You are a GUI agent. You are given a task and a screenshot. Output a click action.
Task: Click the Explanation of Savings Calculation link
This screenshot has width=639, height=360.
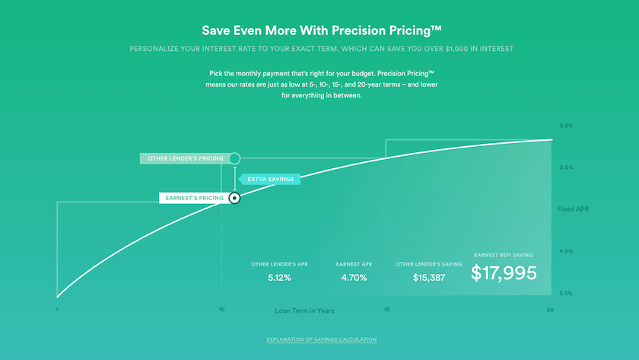pos(321,339)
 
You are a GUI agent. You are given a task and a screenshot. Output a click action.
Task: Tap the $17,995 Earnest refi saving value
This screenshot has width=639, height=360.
pos(504,273)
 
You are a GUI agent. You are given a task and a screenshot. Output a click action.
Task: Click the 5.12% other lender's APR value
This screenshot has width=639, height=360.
pos(279,278)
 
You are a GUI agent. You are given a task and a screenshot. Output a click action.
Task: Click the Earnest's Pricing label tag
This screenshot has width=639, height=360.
pos(193,198)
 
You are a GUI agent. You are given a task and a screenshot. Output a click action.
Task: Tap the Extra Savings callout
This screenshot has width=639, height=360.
pos(270,180)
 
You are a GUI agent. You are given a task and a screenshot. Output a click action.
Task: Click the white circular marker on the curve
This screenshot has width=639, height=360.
pos(234,198)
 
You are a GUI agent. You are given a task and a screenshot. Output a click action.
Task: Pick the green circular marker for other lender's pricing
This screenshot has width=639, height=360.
pos(234,158)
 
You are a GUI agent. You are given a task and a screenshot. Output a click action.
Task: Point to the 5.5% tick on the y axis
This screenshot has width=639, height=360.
pos(566,126)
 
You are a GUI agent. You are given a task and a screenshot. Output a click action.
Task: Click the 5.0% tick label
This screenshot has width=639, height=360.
pos(566,167)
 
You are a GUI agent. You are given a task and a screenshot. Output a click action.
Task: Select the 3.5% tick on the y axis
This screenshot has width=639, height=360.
pos(566,293)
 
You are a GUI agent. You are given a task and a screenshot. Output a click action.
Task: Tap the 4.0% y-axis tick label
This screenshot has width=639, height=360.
pos(566,251)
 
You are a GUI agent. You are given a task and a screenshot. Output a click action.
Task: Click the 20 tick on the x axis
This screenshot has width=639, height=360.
pos(550,310)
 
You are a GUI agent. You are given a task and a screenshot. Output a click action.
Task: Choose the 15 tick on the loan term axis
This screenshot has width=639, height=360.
pos(386,310)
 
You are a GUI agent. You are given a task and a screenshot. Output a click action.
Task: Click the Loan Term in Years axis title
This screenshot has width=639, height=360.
pos(304,311)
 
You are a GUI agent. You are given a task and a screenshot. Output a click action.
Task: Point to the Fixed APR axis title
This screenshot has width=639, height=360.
pos(573,209)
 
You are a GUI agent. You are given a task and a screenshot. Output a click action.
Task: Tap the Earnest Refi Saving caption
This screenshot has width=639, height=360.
pos(504,255)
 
